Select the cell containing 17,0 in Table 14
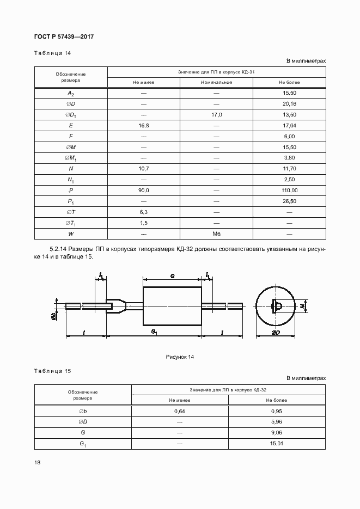[x=216, y=115]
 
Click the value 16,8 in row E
[x=144, y=125]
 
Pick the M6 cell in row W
[x=216, y=234]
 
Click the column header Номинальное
[x=216, y=82]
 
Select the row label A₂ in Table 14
[x=71, y=93]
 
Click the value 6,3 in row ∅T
[x=144, y=212]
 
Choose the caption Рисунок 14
[x=180, y=357]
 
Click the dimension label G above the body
[x=172, y=277]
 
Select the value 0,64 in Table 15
[x=180, y=411]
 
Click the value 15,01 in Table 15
[x=277, y=444]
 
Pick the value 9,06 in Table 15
[x=277, y=433]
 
